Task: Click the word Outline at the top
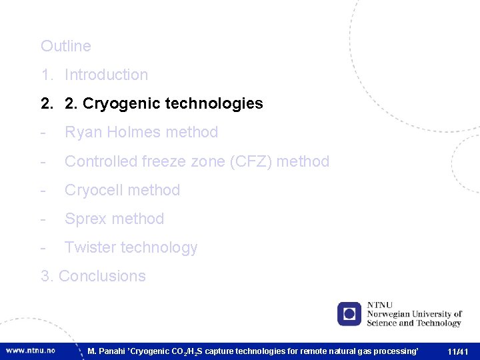65,46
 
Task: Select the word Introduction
106,75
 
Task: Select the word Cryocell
93,190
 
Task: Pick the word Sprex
85,219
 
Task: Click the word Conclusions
102,276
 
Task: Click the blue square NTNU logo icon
349,314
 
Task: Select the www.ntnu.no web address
31,350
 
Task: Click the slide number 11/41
458,351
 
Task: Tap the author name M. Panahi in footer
106,351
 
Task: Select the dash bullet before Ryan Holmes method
43,132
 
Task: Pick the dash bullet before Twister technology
43,247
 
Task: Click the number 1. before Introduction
46,75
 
